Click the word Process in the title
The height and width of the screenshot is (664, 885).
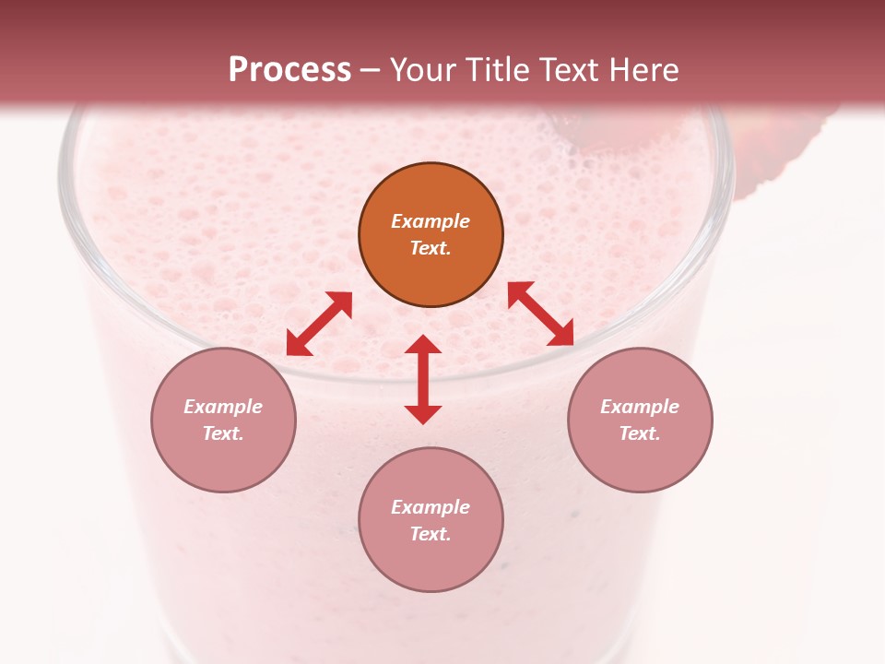(289, 70)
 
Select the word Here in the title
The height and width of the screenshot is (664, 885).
(643, 70)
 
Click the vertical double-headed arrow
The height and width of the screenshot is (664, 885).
(423, 379)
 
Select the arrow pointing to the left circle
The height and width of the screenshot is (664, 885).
(319, 324)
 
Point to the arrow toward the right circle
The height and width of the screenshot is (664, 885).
(541, 314)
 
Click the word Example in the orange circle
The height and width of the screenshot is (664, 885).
(431, 221)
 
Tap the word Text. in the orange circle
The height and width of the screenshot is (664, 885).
(431, 248)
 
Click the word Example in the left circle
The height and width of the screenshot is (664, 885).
(223, 407)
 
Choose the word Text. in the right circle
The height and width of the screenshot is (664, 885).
(640, 433)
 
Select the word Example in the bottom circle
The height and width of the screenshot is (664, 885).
(431, 507)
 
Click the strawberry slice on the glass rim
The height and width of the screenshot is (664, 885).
(784, 152)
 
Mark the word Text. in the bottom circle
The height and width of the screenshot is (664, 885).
(431, 534)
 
